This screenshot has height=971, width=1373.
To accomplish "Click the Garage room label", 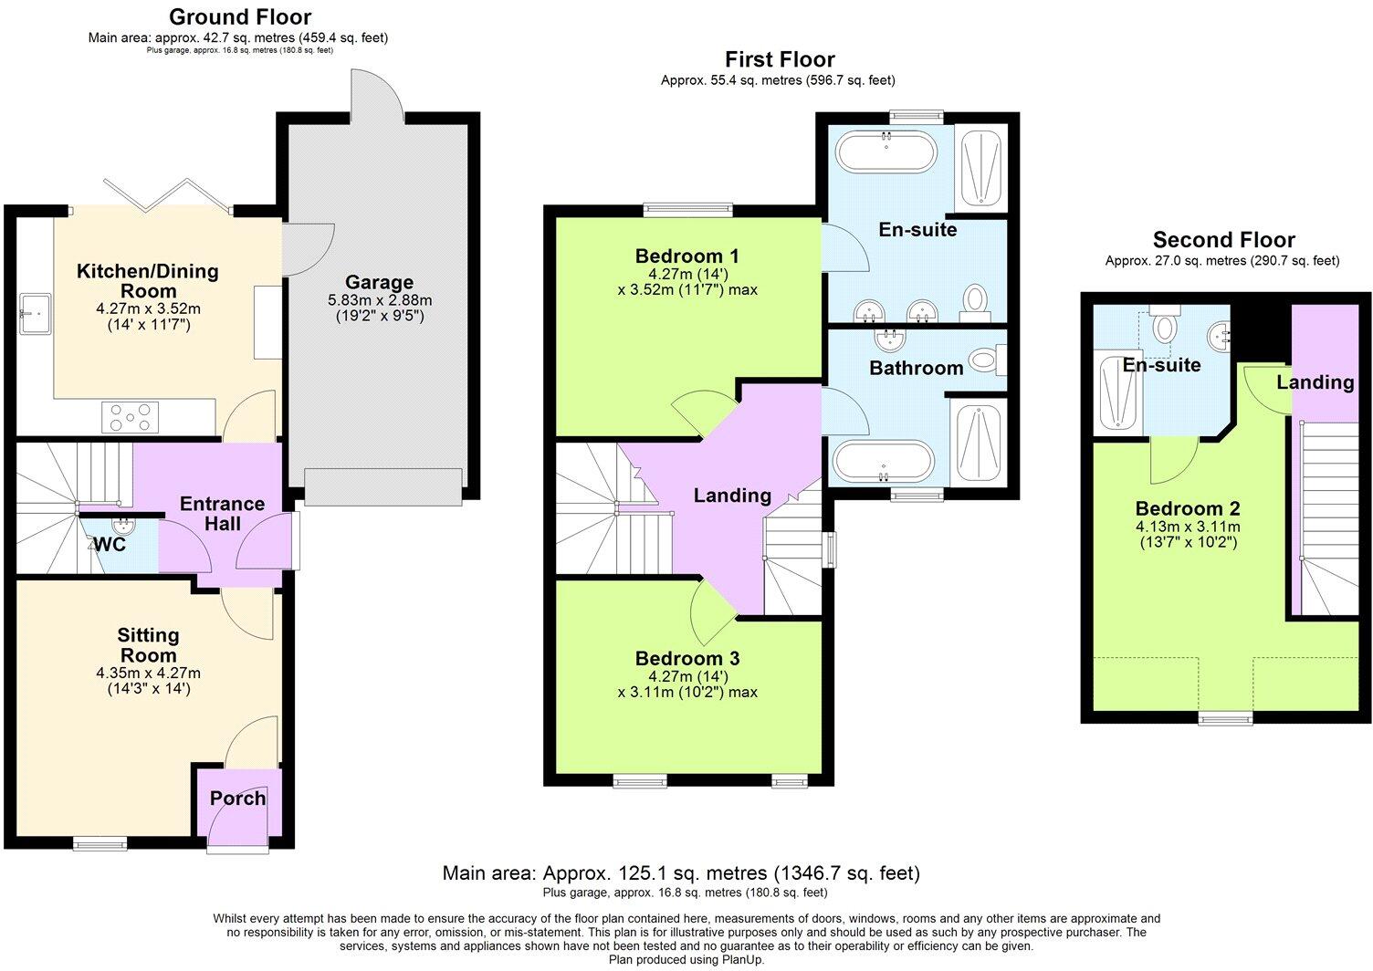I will point(379,283).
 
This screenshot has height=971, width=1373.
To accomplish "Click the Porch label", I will point(237,799).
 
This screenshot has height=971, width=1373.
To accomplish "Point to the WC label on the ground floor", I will point(110,545).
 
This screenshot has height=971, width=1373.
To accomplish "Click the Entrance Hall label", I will point(222,514).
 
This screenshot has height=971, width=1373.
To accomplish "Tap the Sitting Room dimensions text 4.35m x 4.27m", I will point(148,673).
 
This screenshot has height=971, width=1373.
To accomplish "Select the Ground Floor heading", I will point(240,16).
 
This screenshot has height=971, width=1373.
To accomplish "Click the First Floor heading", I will point(780,59).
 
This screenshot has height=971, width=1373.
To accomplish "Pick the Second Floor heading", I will point(1223,240).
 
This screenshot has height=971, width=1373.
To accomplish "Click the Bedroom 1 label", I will point(686,256).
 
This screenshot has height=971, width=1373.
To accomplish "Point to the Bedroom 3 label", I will point(687,659).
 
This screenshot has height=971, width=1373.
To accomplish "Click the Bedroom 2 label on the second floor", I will point(1187,508).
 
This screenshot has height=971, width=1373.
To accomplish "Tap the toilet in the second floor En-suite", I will point(1164,325).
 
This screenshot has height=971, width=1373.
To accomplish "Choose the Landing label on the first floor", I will point(732,496).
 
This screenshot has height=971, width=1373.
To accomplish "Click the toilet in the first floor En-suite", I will point(976,299).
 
